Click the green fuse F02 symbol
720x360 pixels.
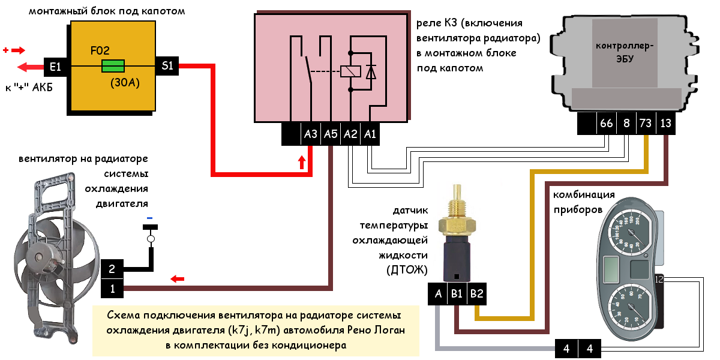coord(113,65)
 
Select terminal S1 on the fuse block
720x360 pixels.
coord(167,66)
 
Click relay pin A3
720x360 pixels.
coord(310,134)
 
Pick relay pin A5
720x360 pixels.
coord(331,134)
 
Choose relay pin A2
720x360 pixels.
coord(350,134)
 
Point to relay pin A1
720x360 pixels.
coord(370,134)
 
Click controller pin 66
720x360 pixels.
coord(607,124)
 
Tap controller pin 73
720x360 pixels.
coord(646,124)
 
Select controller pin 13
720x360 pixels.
coord(665,124)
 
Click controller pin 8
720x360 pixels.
coord(626,124)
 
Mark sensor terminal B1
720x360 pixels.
coord(457,293)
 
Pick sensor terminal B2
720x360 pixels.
coord(477,293)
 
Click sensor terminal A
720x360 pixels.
coord(438,293)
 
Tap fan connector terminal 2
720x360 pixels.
coord(112,270)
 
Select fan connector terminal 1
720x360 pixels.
coord(112,289)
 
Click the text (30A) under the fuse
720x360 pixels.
coord(125,83)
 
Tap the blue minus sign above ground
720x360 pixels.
coord(150,217)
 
